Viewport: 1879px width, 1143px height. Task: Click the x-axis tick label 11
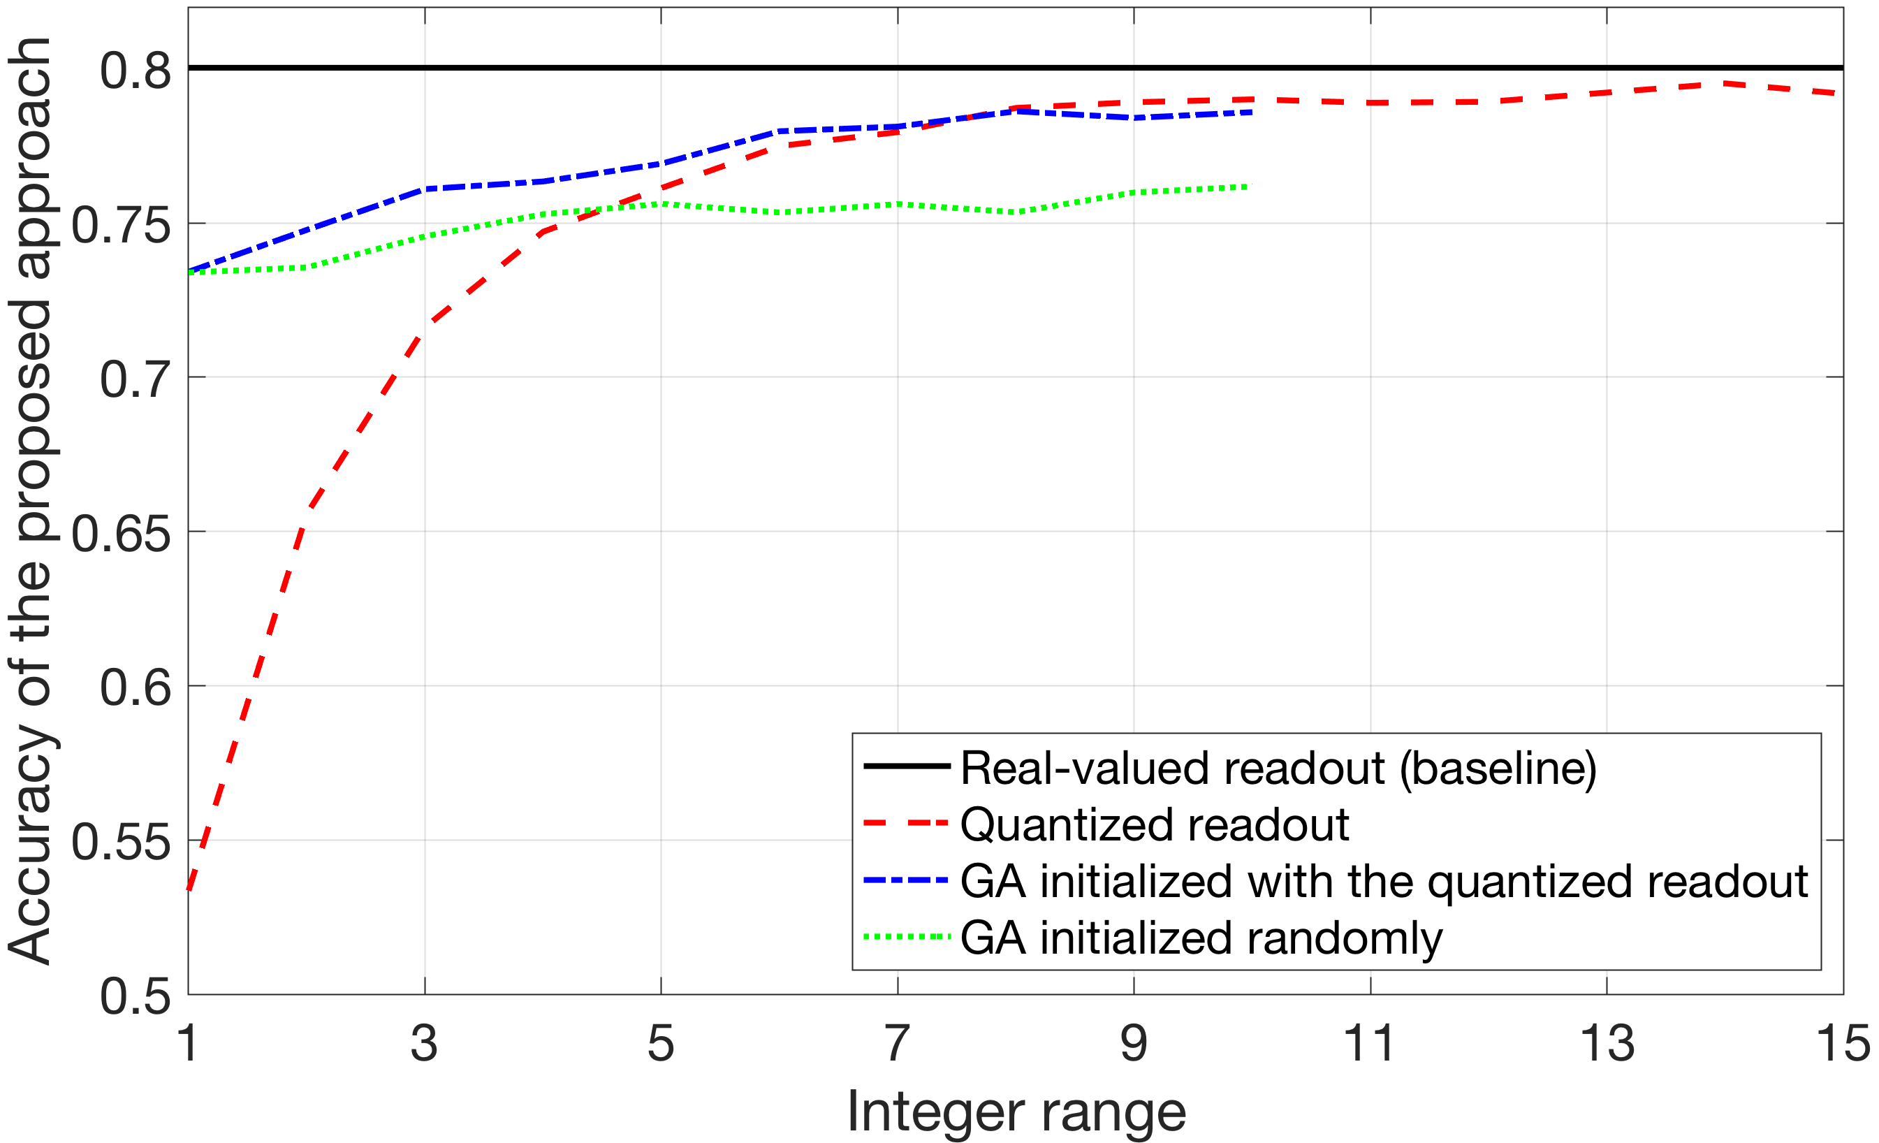pos(1370,1043)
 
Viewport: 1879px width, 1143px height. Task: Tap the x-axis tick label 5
pos(661,1043)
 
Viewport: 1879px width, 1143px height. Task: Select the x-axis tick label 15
pos(1844,1043)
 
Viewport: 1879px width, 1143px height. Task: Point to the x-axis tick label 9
pos(1134,1043)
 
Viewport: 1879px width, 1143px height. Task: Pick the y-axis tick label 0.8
pos(136,70)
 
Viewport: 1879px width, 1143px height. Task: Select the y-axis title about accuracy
pos(31,500)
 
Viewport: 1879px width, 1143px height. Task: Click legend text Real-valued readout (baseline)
pos(1278,768)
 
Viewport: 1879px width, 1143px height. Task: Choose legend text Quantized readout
pos(1155,824)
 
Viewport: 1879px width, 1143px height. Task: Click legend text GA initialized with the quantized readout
pos(1384,882)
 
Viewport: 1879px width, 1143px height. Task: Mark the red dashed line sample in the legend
pos(906,824)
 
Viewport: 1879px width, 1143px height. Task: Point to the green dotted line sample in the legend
pos(906,936)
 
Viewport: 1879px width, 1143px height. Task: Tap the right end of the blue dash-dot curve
pos(1252,112)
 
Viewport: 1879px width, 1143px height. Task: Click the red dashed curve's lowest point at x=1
pos(189,889)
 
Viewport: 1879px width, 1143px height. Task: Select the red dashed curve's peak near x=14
pos(1725,83)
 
